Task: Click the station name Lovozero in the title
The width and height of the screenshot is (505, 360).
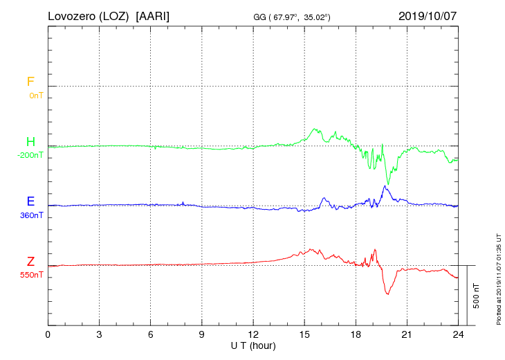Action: coord(72,15)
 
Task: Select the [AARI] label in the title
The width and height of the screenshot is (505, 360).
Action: coord(153,15)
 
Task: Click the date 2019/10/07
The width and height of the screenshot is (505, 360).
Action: coord(428,15)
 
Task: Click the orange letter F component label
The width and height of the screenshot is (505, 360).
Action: coord(30,82)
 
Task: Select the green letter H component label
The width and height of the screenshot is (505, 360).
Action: coord(30,142)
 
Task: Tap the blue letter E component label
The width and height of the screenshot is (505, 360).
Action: coord(30,201)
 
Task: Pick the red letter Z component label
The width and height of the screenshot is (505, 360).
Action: coord(30,261)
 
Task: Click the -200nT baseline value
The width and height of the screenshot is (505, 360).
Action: coord(30,155)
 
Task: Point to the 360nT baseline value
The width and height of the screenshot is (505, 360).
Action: coord(30,215)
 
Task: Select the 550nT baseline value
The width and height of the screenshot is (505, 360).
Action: coord(30,275)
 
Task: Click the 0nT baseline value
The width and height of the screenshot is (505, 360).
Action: coord(35,96)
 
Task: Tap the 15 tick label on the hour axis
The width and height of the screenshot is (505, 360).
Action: coord(304,334)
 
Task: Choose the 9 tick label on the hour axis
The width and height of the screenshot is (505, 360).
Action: coord(202,334)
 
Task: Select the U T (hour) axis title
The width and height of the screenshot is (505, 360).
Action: coord(253,345)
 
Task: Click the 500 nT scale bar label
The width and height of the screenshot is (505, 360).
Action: coord(477,296)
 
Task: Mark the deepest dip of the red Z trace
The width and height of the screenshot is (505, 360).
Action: coord(387,294)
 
